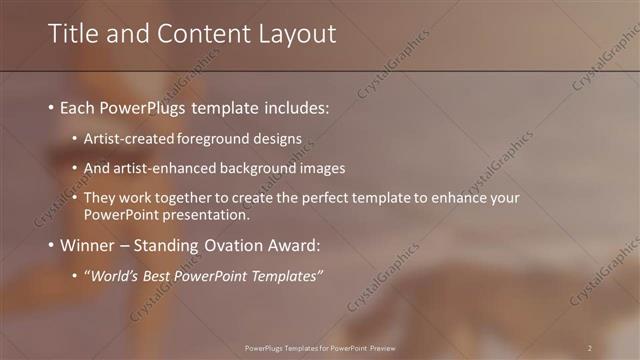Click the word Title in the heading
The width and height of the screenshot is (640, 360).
click(71, 34)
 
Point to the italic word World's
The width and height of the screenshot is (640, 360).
click(110, 276)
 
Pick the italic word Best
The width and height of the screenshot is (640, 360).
click(152, 276)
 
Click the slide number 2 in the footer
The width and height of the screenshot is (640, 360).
click(590, 348)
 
